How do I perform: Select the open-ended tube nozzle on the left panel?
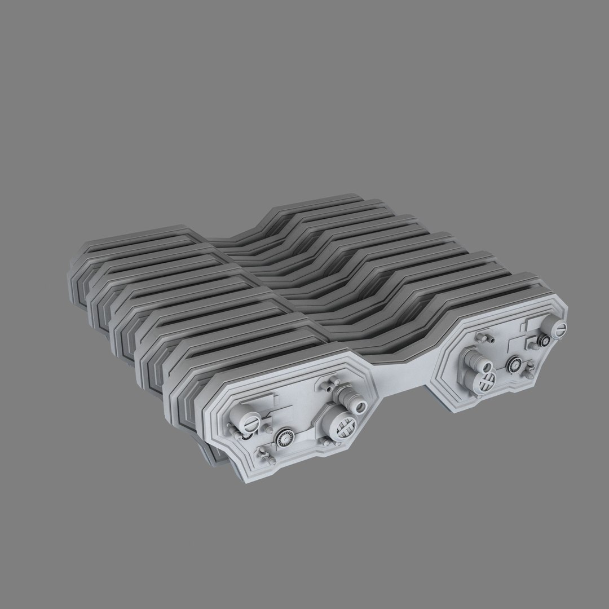(356, 405)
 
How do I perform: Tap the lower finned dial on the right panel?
(514, 364)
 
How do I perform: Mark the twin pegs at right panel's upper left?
(483, 337)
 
